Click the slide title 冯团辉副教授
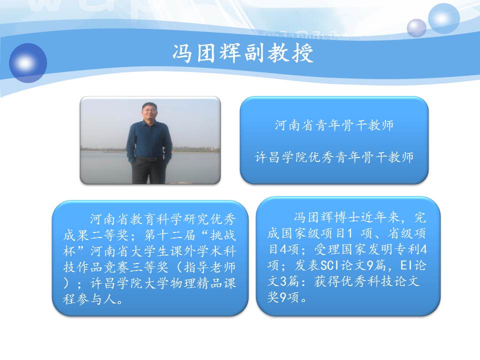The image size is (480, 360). pos(243,53)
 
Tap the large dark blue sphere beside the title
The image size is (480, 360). pos(28,63)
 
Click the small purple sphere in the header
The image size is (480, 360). pos(416,28)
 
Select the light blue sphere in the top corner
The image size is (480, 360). pos(443,18)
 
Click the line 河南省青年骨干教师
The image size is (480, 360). pos(334,125)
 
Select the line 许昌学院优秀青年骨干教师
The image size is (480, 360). pos(334,157)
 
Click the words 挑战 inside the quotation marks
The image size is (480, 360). pos(222,235)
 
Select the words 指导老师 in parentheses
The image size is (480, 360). pos(209,267)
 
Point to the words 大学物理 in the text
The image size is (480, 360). pos(169,283)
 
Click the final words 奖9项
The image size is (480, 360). pos(283,297)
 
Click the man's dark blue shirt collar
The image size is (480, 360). pos(149,122)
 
